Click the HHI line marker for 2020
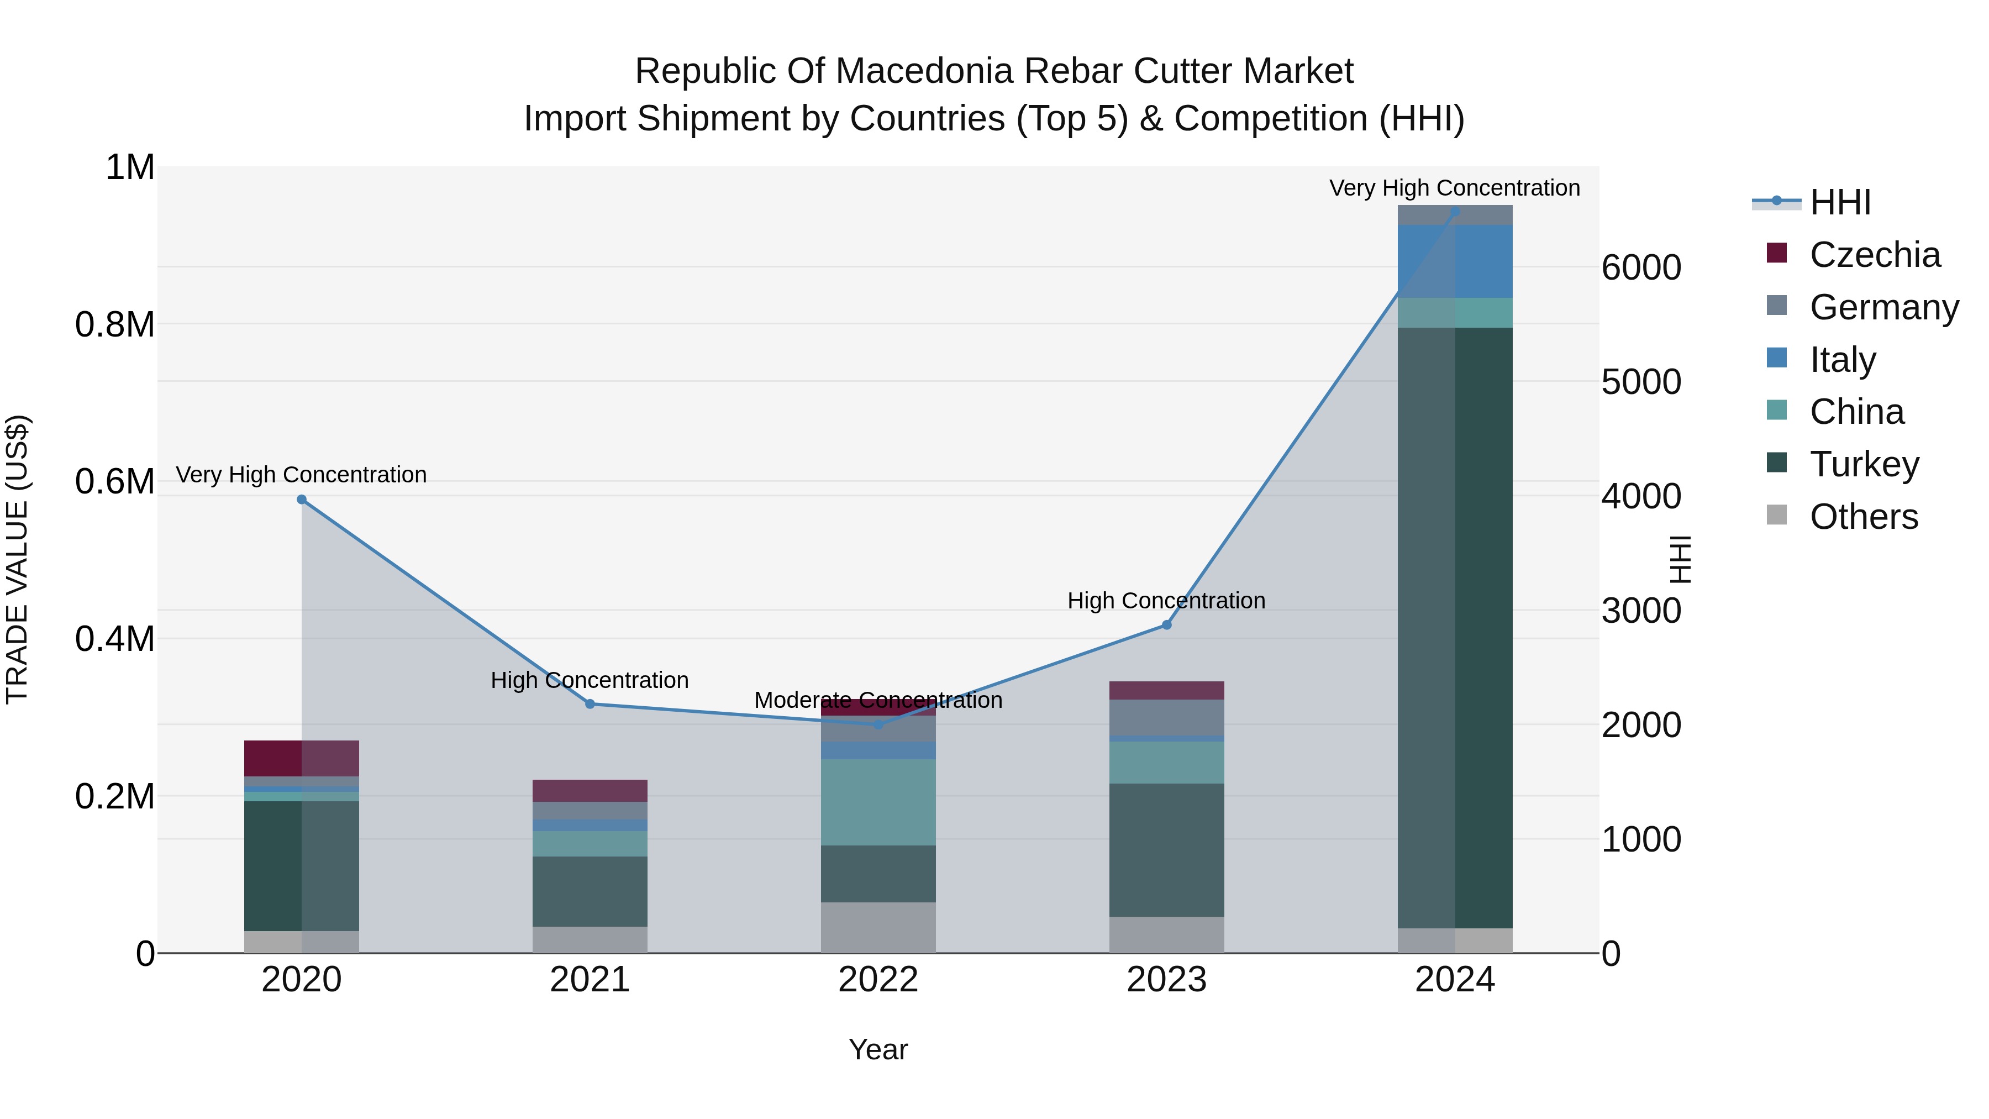coord(302,500)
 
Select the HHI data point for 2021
coord(590,703)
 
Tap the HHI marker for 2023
coord(1167,625)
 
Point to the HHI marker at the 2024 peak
coord(1455,211)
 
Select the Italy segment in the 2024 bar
coord(1455,261)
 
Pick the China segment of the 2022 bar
coord(878,802)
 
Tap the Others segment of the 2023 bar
coord(1167,934)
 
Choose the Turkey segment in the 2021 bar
coord(590,890)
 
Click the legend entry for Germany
coord(1884,307)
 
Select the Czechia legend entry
coord(1874,255)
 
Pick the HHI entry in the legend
coord(1839,202)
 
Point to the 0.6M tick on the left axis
coord(115,482)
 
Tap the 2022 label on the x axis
coord(878,980)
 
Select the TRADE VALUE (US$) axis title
coord(17,559)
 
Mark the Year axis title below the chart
coord(878,1049)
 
